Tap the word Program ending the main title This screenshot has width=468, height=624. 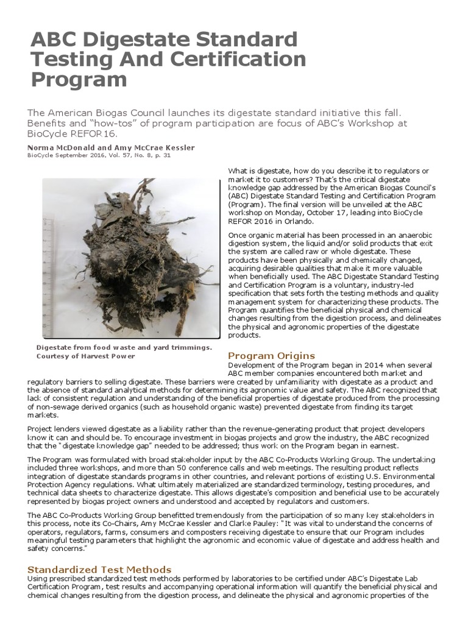click(79, 80)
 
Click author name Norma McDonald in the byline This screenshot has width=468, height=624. click(60, 148)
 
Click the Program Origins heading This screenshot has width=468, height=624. click(271, 355)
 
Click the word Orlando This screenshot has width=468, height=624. click(305, 221)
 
